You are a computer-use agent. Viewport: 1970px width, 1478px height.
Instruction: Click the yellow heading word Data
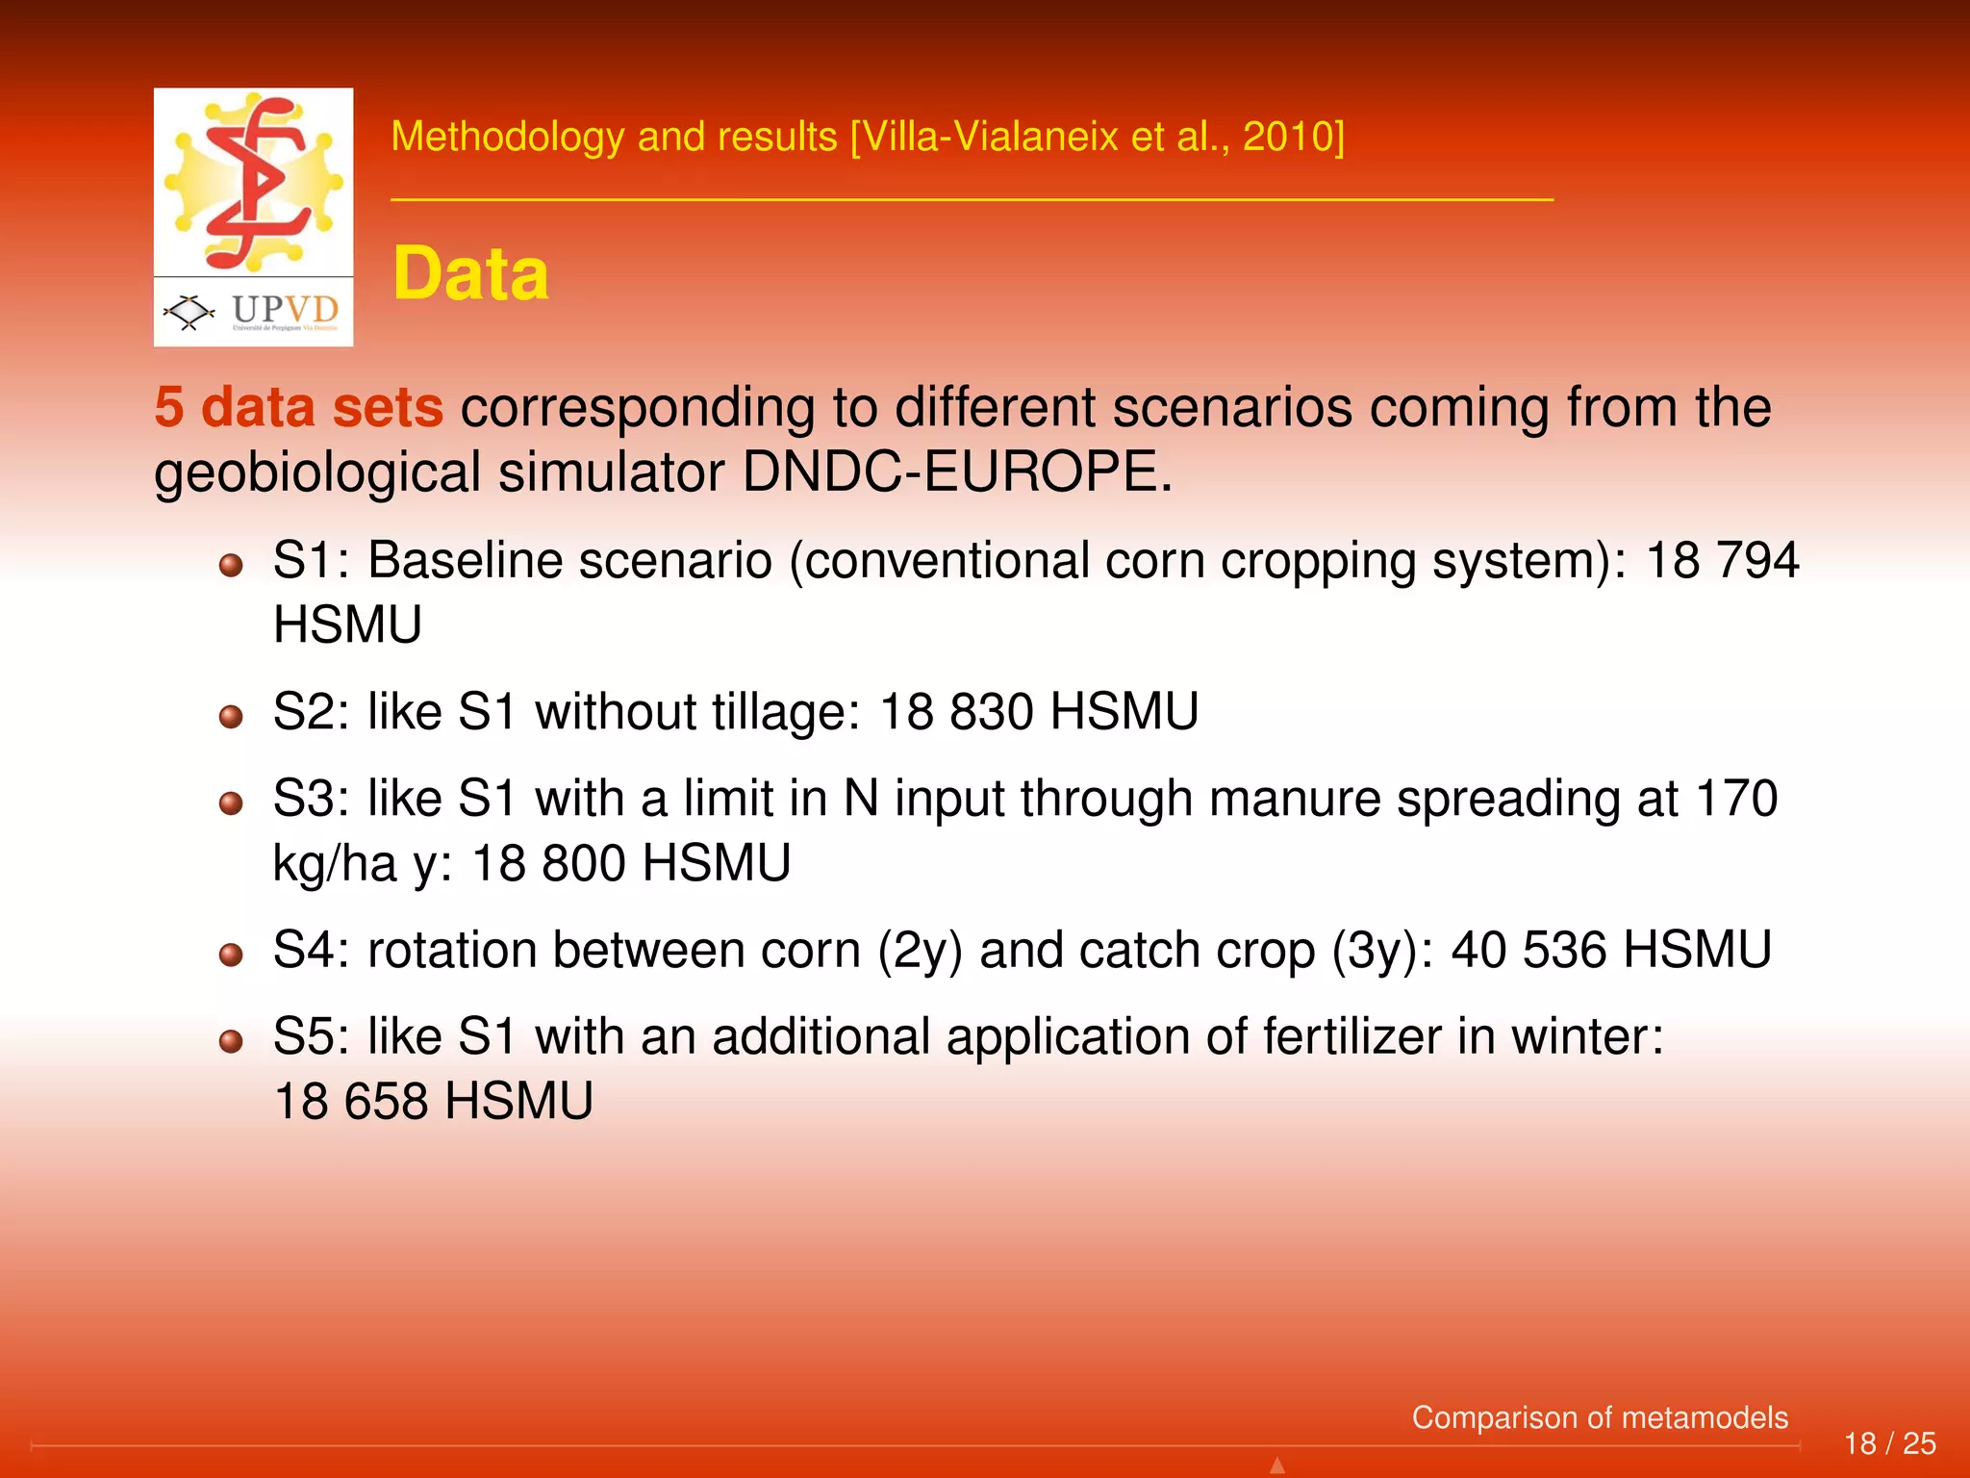[x=470, y=275]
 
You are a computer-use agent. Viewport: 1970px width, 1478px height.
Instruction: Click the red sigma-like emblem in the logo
[x=255, y=183]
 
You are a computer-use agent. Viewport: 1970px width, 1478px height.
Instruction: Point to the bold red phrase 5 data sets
[x=298, y=407]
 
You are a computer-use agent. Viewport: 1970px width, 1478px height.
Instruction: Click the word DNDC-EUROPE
[x=957, y=472]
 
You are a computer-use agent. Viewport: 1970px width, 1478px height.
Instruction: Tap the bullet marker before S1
[x=231, y=565]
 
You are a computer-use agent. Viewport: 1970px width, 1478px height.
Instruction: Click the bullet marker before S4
[x=231, y=955]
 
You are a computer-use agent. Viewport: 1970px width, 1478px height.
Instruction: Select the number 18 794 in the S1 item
[x=1722, y=561]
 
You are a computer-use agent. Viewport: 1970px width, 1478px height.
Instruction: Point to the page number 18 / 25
[x=1889, y=1443]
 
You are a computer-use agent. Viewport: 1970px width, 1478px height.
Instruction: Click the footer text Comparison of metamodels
[x=1599, y=1417]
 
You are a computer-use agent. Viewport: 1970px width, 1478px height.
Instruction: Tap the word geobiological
[x=317, y=474]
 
